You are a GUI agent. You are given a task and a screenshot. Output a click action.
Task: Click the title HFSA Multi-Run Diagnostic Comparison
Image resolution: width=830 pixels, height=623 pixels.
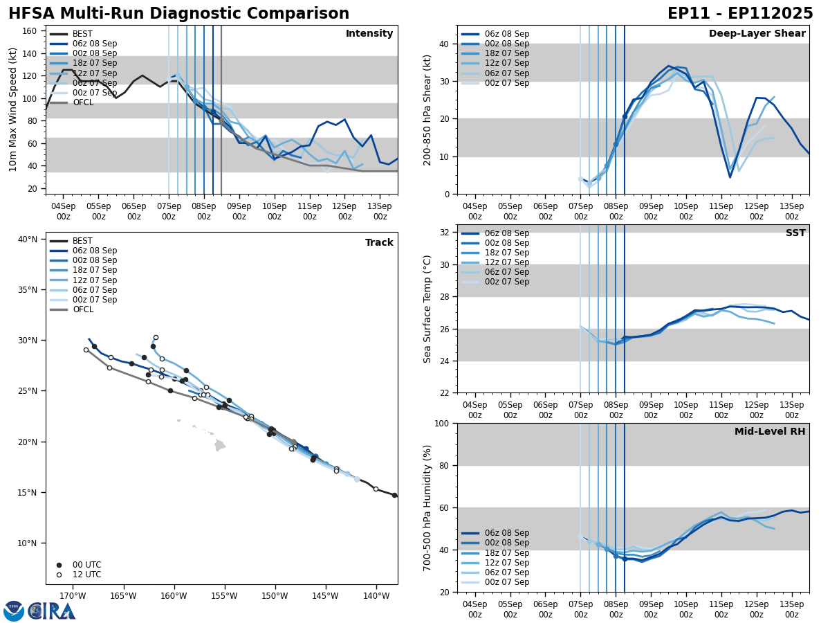(x=178, y=14)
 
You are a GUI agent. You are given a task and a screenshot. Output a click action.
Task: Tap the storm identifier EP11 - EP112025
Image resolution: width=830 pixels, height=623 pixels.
(x=740, y=14)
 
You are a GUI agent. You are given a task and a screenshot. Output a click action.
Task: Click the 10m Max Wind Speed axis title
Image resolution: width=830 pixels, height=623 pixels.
(x=13, y=109)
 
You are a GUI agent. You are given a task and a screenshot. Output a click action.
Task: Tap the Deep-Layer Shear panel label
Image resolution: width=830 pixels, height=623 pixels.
(x=757, y=34)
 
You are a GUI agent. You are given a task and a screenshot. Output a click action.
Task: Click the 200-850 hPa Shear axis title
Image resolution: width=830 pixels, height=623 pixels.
(x=427, y=109)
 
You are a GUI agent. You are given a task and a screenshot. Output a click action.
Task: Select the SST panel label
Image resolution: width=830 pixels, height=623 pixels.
(x=795, y=233)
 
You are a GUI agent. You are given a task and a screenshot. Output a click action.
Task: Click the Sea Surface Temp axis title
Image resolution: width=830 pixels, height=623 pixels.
(x=427, y=309)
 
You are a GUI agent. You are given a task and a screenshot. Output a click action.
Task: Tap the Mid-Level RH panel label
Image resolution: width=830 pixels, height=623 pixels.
(x=769, y=432)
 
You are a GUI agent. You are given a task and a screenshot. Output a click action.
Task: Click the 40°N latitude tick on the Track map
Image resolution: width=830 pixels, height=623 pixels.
(x=28, y=240)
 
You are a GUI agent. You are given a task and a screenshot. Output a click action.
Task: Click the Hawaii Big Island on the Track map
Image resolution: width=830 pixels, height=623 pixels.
(x=219, y=445)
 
